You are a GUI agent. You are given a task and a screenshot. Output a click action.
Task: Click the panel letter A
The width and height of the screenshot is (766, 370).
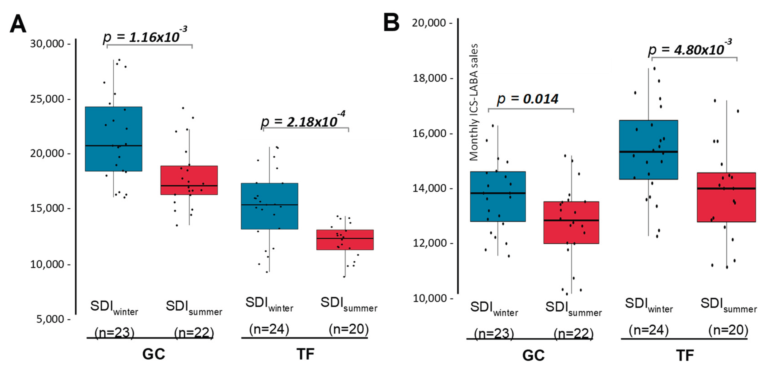[18, 24]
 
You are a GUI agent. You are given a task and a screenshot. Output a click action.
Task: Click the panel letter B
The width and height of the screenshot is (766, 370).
[391, 22]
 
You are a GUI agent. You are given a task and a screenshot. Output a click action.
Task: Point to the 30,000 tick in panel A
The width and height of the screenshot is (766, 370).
[47, 44]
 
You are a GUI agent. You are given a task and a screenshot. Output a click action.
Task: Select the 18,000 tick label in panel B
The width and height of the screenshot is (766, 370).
[430, 78]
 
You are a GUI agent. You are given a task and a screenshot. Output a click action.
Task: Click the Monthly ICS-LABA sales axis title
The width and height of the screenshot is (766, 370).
[474, 103]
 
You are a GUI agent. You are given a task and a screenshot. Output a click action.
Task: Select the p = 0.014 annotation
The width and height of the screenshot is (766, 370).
[528, 99]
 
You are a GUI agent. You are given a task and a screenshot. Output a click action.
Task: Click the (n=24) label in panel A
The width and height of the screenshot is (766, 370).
[269, 329]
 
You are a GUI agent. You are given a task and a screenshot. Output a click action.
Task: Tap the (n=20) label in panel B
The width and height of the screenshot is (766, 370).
[728, 330]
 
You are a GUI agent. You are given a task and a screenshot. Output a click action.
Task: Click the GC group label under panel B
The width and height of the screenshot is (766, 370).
[534, 355]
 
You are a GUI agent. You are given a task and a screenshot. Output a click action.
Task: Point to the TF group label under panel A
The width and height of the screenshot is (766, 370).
[305, 354]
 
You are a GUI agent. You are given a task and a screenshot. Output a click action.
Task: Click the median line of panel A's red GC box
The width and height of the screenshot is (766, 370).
[189, 186]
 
